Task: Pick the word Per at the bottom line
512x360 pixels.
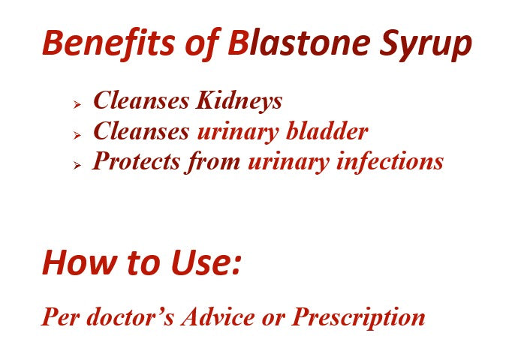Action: tap(57, 317)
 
